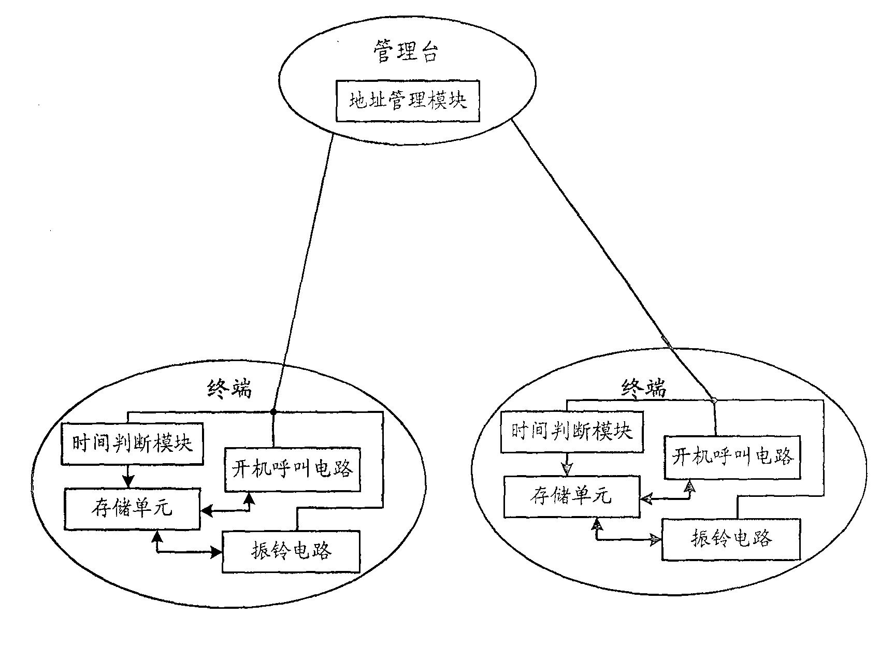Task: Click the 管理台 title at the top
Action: (406, 52)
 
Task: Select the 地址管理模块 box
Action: (408, 101)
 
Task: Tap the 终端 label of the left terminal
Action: (229, 388)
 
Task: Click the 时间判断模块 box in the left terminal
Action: (132, 444)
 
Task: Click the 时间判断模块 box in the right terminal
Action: (572, 431)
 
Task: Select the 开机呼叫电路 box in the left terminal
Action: (293, 469)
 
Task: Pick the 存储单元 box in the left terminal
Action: (132, 508)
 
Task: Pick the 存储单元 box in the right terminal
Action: (572, 496)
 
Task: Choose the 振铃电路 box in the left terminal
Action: (291, 551)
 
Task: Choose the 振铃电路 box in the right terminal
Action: (731, 538)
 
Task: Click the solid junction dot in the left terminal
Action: (273, 412)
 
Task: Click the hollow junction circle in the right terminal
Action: (713, 400)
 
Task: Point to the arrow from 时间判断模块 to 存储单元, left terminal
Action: (128, 476)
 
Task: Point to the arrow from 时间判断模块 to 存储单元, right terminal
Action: (567, 463)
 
